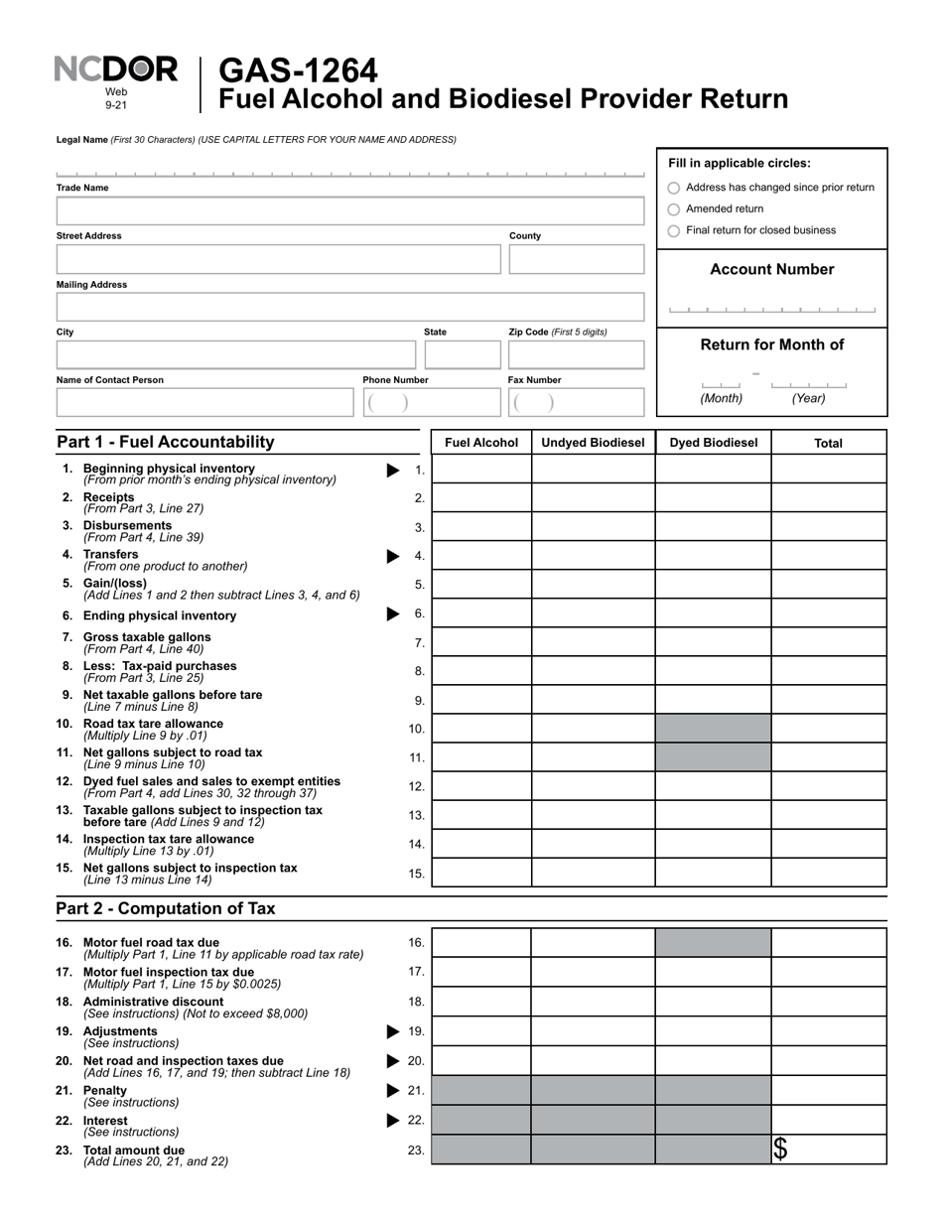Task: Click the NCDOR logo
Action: [116, 70]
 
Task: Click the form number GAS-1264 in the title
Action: [297, 70]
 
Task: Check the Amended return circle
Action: [674, 209]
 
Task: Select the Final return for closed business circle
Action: [674, 231]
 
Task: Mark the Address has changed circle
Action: [674, 188]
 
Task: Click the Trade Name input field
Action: [349, 211]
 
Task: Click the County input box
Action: [576, 259]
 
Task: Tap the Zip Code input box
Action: [576, 355]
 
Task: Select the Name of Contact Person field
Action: [203, 403]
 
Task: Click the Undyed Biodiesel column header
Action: [593, 443]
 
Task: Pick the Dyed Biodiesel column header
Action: [713, 443]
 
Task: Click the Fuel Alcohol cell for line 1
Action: [481, 470]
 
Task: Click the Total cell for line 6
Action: [828, 613]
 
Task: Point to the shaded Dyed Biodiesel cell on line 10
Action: [713, 729]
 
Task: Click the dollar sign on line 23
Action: [781, 1150]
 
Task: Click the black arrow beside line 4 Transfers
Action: [393, 556]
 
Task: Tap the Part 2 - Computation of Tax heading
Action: [166, 908]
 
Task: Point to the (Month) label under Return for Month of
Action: [721, 398]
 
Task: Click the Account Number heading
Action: [771, 269]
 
